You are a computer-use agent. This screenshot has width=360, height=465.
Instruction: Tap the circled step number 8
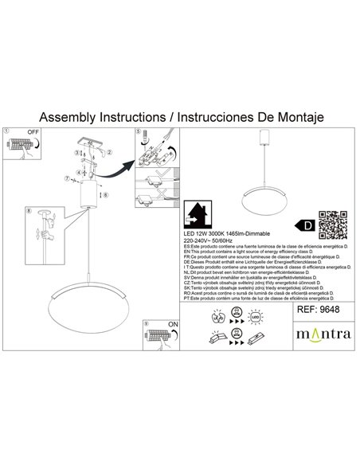(x=29, y=211)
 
